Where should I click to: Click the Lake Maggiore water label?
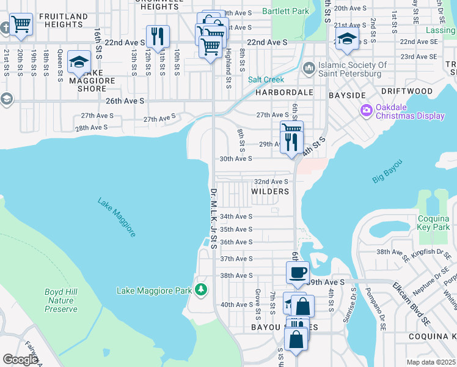coord(116,217)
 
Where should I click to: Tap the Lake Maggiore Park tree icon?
coord(201,289)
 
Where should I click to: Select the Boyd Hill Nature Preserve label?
coord(61,300)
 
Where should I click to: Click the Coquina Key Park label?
coord(433,223)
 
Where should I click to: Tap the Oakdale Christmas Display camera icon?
coord(367,111)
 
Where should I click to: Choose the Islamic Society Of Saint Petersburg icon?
coord(308,65)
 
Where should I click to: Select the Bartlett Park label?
coord(285,11)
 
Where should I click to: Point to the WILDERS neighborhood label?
coord(270,191)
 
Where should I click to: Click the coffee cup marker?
coord(298,272)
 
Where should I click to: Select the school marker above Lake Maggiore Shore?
coord(79,61)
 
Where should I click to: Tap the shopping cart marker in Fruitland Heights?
coord(21,25)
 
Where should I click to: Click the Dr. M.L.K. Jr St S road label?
coord(213,218)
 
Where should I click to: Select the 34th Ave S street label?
coord(236,217)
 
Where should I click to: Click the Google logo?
coord(21,360)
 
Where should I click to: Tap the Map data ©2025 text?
coord(431,362)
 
